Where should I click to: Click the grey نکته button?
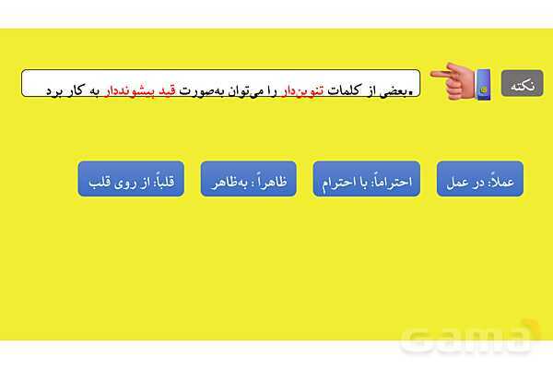tap(522, 83)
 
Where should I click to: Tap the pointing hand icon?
tap(461, 82)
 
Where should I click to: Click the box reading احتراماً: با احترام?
tap(367, 179)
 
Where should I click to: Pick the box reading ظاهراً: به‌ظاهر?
tap(249, 179)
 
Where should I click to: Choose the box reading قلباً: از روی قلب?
tap(132, 179)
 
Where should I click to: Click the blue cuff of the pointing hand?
tap(483, 84)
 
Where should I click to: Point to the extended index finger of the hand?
tap(440, 72)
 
